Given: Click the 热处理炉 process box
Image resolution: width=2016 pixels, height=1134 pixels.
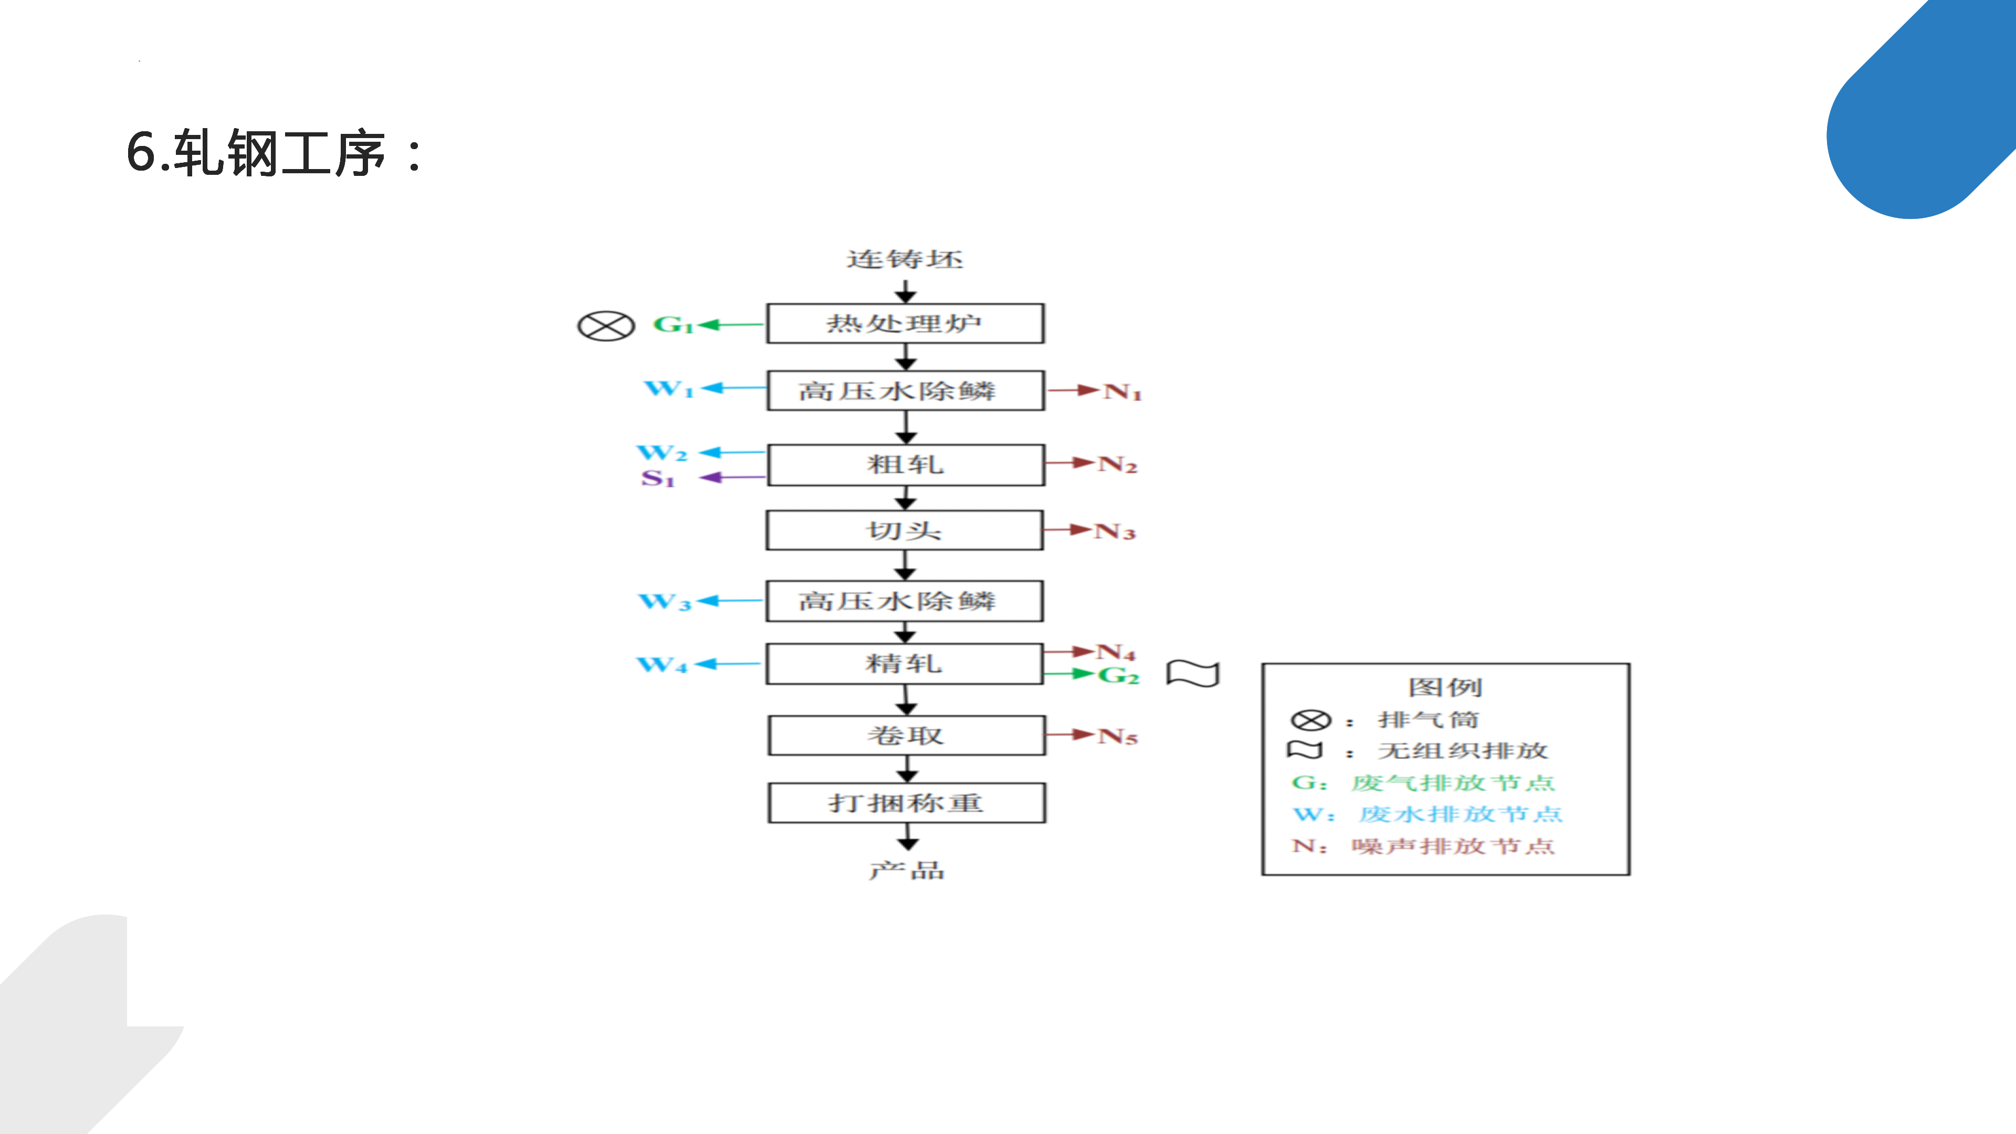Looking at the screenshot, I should click(905, 323).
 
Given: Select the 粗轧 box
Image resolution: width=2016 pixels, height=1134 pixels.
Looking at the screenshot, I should click(906, 465).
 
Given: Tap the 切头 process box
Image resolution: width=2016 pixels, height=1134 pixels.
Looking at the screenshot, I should click(904, 531).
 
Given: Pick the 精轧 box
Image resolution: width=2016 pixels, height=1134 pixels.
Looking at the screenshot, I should click(904, 664).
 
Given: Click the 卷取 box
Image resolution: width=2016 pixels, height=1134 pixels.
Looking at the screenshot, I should click(906, 736).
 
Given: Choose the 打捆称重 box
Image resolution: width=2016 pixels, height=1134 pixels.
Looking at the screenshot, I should click(906, 803).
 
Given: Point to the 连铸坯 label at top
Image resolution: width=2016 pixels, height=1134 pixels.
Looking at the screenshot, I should click(905, 259).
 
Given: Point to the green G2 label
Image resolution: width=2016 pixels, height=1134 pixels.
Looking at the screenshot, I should click(1118, 675).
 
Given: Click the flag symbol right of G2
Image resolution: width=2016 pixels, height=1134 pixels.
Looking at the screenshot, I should click(1193, 673).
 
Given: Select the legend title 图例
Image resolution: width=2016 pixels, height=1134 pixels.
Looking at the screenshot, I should click(1445, 687).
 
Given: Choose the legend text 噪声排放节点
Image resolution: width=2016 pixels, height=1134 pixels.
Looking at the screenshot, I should click(1453, 846).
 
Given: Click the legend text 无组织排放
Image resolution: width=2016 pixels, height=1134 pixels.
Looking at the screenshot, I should click(1463, 751).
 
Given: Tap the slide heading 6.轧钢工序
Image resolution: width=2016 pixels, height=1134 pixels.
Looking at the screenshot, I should click(274, 153).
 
